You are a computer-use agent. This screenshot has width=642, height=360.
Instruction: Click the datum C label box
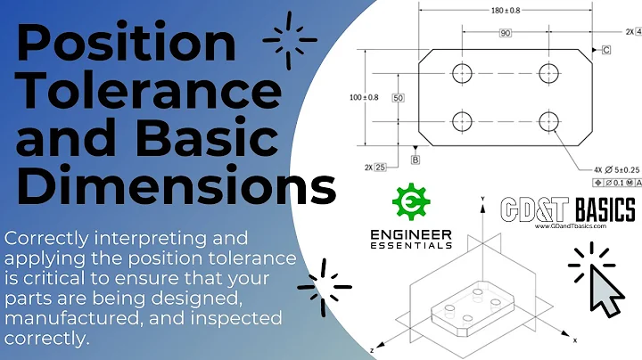click(x=606, y=50)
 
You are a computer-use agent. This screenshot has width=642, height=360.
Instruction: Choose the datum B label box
click(x=416, y=160)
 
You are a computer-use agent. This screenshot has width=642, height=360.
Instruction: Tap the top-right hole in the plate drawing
click(x=547, y=73)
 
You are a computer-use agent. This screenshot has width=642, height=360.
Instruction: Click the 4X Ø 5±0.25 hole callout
click(x=605, y=168)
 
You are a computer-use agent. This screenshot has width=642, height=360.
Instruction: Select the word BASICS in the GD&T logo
click(x=604, y=210)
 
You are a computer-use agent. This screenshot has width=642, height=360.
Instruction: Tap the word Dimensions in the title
click(x=178, y=188)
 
